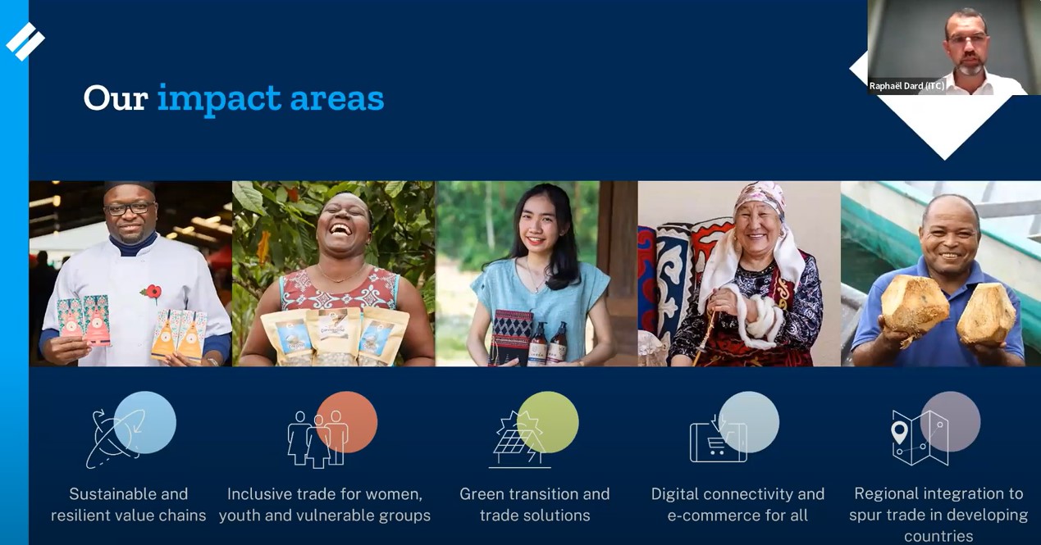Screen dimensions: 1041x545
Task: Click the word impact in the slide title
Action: pos(219,99)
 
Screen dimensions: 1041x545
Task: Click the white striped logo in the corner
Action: pos(25,41)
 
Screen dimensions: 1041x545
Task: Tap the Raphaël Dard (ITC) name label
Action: pos(906,86)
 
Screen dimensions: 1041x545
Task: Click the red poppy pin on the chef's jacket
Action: pos(152,293)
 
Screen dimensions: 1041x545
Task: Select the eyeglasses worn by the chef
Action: pos(130,207)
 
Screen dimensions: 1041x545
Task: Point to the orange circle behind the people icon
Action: pos(347,422)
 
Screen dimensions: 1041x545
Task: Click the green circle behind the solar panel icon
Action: pos(548,422)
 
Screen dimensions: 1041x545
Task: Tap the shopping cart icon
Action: pos(715,446)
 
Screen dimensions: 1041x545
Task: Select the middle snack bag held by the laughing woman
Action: pos(333,337)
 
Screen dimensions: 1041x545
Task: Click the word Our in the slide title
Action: pos(116,99)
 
